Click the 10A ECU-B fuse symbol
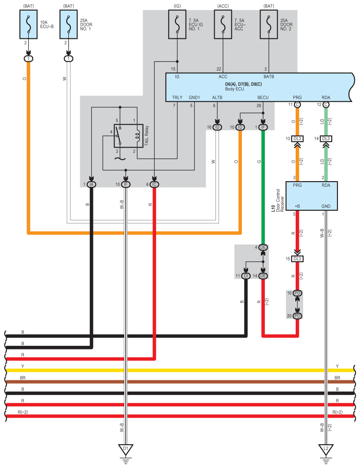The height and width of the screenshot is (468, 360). point(28,25)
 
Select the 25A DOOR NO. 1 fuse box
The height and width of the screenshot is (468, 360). point(69,25)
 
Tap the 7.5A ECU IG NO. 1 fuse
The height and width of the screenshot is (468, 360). point(177,25)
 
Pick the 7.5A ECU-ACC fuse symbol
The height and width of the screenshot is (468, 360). point(223,25)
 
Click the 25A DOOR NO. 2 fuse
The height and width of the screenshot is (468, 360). point(269,25)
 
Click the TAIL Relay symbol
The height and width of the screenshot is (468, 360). point(128,136)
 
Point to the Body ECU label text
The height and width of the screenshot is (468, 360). point(234,89)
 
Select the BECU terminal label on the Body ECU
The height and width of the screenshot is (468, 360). point(263,97)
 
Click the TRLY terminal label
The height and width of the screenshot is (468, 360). point(177,97)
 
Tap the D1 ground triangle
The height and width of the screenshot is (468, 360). point(126,449)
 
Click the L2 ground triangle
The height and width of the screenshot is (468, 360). point(326,449)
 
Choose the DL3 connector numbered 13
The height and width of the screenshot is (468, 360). point(297,138)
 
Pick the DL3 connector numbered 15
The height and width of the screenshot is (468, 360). point(297,259)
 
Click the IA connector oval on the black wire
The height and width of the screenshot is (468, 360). point(91,185)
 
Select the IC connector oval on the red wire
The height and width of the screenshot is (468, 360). point(154,185)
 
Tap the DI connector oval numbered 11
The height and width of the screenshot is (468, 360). point(246,276)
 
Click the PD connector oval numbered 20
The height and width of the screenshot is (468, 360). point(297,316)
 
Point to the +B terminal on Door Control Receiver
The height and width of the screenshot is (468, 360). point(297,206)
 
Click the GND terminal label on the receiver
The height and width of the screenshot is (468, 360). point(326,206)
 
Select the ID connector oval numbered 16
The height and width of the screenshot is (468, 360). point(217,127)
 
